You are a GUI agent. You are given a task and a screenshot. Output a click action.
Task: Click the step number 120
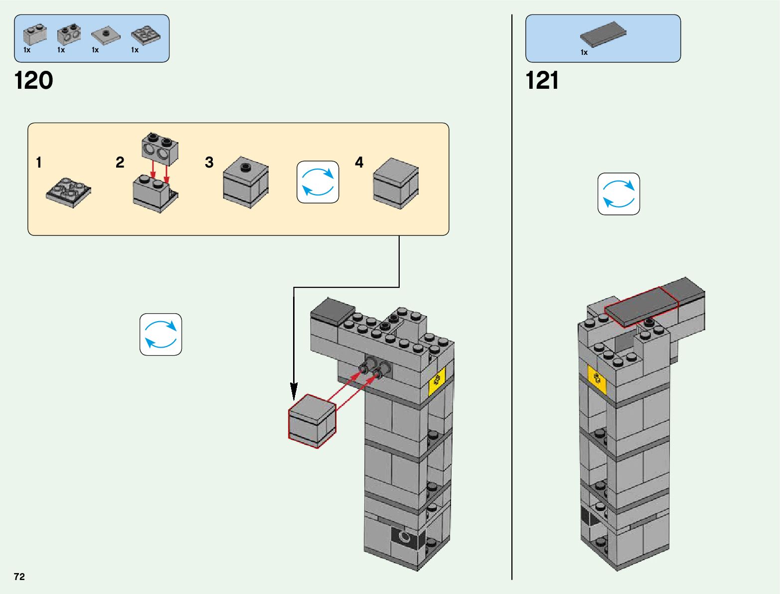33,80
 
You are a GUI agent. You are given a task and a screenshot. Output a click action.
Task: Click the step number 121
542,80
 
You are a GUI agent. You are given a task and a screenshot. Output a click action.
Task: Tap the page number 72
19,577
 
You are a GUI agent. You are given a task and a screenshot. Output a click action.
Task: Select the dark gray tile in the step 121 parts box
603,34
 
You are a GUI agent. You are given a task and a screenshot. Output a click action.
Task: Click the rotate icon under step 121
619,194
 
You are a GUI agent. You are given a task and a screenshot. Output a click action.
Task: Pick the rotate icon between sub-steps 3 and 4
318,182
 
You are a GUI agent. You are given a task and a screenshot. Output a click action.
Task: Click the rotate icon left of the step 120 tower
160,334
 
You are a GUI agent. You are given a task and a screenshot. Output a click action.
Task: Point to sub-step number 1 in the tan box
39,163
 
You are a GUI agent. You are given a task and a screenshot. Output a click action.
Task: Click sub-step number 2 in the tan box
120,163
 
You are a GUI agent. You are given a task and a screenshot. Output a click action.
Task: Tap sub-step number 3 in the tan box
209,163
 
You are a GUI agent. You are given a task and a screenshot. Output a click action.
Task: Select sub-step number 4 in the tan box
359,163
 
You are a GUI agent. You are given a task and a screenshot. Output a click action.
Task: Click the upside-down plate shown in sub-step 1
69,192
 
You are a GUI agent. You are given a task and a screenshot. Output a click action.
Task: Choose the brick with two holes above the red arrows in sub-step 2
160,149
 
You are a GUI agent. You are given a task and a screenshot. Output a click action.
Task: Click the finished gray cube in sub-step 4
396,183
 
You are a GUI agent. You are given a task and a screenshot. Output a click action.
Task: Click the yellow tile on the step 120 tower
437,381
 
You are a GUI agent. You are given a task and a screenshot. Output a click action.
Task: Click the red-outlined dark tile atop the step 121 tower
641,306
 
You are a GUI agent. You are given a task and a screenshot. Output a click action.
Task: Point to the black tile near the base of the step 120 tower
408,537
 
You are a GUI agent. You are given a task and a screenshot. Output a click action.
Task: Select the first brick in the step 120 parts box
35,34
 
